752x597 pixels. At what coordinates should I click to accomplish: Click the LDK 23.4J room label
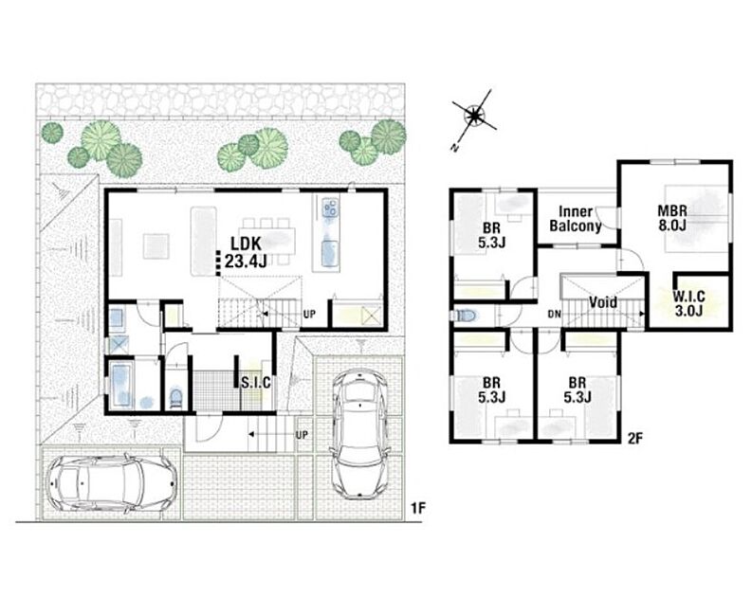click(x=246, y=252)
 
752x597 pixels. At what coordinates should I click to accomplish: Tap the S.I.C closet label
click(x=256, y=383)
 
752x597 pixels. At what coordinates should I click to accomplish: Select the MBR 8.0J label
click(x=672, y=218)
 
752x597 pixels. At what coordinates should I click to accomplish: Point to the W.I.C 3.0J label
click(x=689, y=303)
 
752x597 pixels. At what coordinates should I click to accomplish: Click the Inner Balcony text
click(x=576, y=219)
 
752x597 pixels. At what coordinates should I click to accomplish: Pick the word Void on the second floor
click(x=602, y=302)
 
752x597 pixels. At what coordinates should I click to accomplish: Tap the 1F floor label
click(x=418, y=508)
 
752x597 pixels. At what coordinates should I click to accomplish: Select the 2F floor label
click(x=634, y=438)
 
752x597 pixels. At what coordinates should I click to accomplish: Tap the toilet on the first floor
click(x=176, y=398)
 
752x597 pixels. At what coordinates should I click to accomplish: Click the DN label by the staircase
click(x=555, y=315)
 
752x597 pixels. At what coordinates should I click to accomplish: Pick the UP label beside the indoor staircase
click(x=309, y=315)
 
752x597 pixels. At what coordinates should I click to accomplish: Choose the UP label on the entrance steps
click(x=302, y=435)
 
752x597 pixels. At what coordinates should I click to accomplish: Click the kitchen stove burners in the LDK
click(x=330, y=208)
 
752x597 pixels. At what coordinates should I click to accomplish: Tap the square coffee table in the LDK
click(x=156, y=245)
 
